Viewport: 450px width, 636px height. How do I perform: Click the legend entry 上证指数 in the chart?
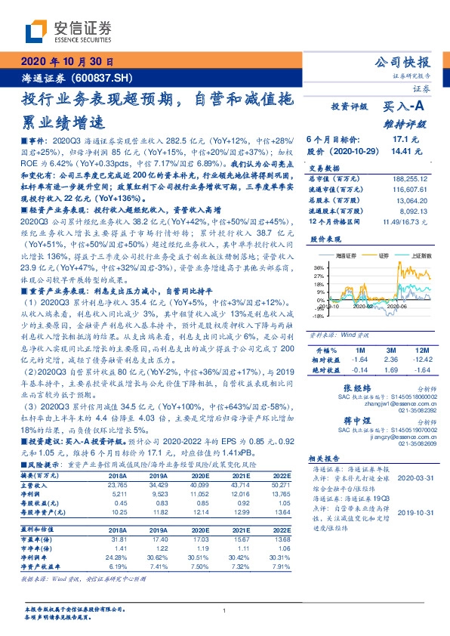click(410, 257)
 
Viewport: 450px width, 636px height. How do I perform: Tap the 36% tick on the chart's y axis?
click(319, 267)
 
